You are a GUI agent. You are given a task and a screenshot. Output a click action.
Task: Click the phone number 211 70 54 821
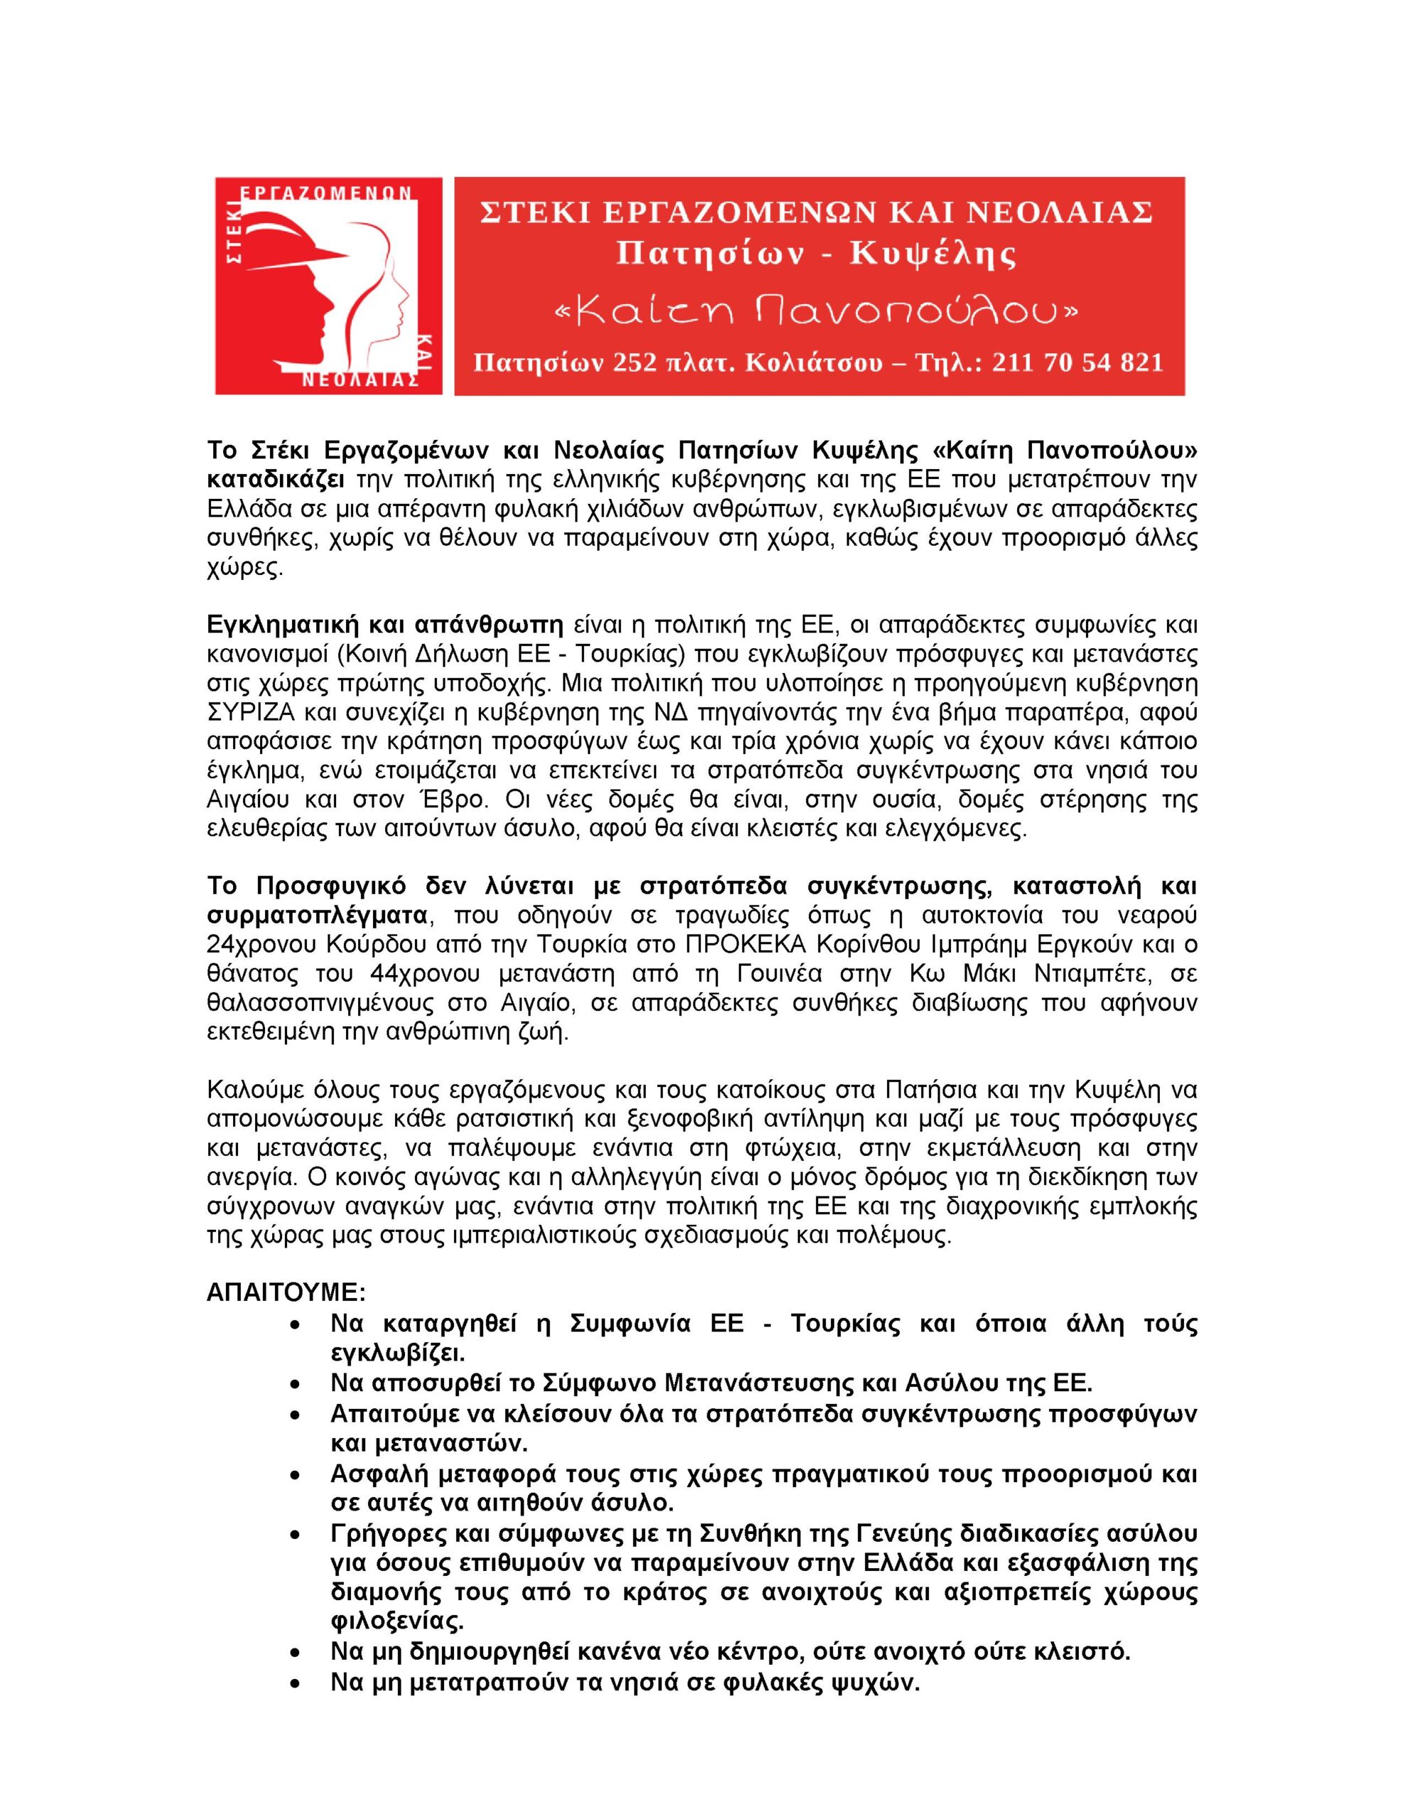coord(1077,363)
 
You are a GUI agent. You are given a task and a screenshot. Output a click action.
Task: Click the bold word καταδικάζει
coord(276,480)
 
